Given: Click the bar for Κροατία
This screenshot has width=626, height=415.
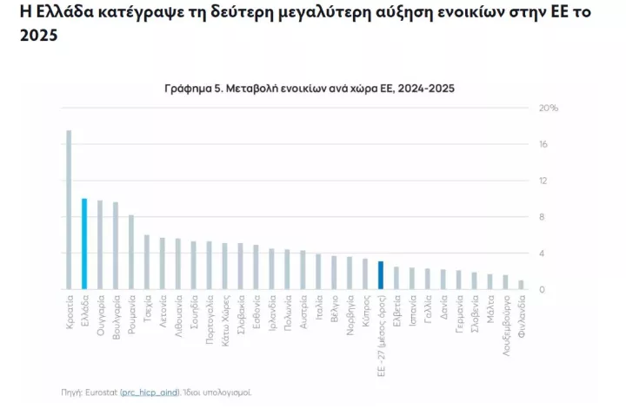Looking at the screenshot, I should pyautogui.click(x=69, y=210).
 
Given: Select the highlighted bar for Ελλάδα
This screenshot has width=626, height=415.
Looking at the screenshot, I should pyautogui.click(x=84, y=244).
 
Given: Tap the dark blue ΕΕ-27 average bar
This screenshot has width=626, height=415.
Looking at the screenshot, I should pyautogui.click(x=381, y=275).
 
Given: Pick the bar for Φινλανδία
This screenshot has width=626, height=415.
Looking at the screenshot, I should pyautogui.click(x=521, y=285).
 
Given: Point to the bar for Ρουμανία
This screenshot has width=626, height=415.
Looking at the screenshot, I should pyautogui.click(x=131, y=252).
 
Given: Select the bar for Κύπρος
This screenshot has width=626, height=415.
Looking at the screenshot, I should pyautogui.click(x=365, y=274).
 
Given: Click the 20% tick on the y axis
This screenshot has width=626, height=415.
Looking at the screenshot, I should pyautogui.click(x=549, y=109).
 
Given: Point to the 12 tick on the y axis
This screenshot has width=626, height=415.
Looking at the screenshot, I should pyautogui.click(x=543, y=181).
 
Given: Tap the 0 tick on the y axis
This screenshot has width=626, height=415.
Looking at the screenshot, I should pyautogui.click(x=542, y=290).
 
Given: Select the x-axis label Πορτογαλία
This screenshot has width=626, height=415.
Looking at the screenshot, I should pyautogui.click(x=210, y=324).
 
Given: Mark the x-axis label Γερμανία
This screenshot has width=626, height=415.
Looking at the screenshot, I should pyautogui.click(x=458, y=319).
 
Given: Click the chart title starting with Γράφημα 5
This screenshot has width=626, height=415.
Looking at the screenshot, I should pyautogui.click(x=309, y=88).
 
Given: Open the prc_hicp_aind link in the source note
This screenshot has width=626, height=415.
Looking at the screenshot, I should pyautogui.click(x=150, y=392).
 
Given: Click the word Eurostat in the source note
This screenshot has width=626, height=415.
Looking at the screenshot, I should pyautogui.click(x=103, y=392).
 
